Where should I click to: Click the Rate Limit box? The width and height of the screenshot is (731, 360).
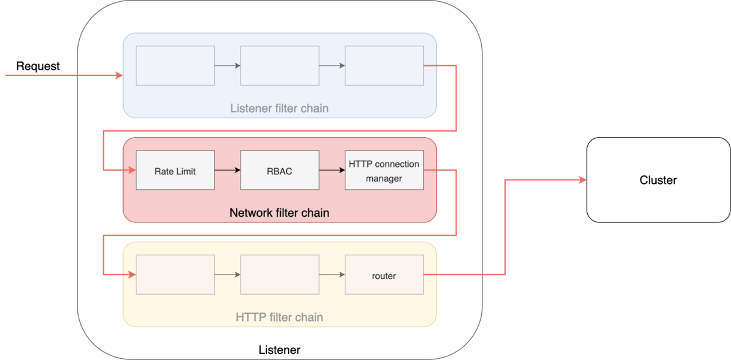(175, 170)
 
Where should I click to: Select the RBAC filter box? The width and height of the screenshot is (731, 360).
(280, 170)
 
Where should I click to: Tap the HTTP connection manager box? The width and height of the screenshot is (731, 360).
(384, 170)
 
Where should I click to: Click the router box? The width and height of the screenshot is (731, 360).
(384, 275)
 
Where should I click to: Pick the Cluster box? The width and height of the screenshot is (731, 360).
(659, 180)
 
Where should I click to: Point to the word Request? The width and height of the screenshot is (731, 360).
(38, 66)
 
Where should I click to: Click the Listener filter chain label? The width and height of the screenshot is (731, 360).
(280, 108)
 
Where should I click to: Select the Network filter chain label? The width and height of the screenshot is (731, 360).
(280, 213)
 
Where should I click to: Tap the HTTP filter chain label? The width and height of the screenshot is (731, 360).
(280, 317)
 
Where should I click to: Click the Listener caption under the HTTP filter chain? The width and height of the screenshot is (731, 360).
(280, 350)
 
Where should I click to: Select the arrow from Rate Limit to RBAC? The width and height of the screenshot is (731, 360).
(227, 170)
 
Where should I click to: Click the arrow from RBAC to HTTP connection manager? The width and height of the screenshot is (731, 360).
(332, 170)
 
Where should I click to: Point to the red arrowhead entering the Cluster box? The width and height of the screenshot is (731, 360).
(582, 180)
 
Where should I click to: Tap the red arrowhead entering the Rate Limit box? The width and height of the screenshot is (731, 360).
(132, 170)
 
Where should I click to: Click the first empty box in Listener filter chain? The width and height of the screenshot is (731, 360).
(175, 66)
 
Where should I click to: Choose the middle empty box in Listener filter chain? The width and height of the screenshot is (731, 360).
(280, 66)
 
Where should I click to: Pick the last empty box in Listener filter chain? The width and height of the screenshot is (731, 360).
(384, 66)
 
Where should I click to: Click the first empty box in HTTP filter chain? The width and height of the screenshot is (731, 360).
(175, 275)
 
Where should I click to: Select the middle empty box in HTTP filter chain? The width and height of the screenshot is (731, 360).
(280, 275)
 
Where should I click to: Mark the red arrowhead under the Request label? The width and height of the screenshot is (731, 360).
(119, 76)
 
